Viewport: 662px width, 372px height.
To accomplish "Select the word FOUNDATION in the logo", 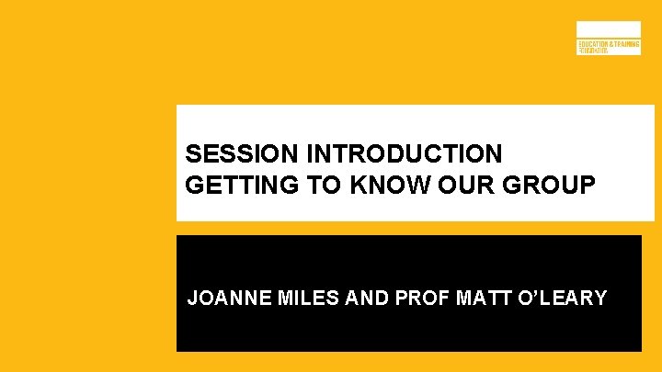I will pyautogui.click(x=593, y=51).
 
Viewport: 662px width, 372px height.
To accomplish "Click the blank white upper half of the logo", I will pyautogui.click(x=608, y=29).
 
